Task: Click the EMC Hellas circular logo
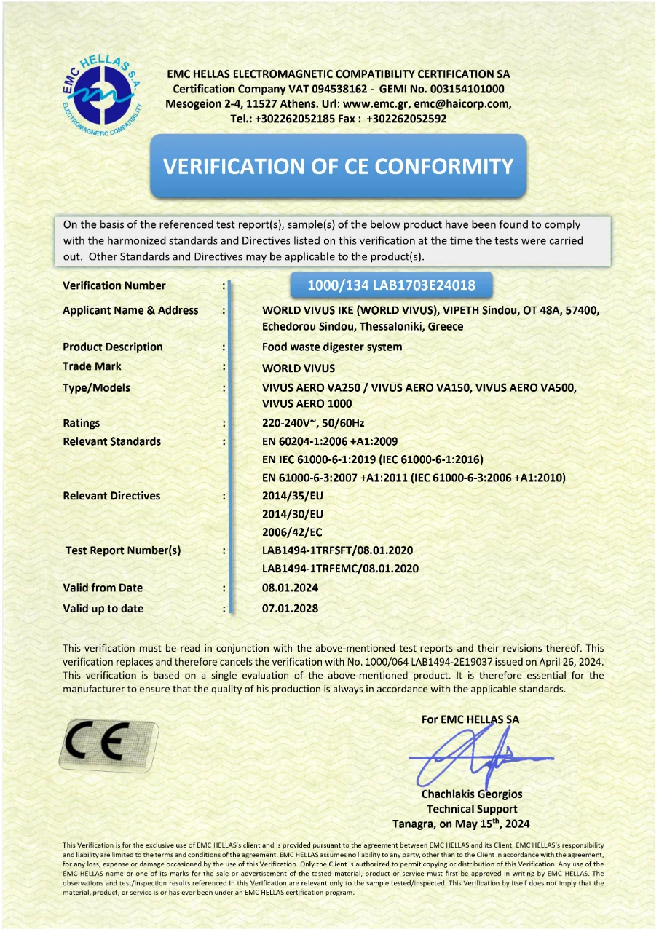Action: (x=103, y=94)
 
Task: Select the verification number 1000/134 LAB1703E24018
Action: (x=391, y=285)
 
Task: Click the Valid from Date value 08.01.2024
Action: (x=290, y=588)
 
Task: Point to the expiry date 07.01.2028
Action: (x=290, y=609)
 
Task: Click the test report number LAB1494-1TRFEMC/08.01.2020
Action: (x=340, y=569)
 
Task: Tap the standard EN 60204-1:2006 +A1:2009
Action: (x=330, y=441)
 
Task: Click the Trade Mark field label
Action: (x=92, y=366)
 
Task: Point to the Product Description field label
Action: (x=113, y=347)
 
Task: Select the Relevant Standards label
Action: (x=112, y=441)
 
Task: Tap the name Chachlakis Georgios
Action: (x=472, y=794)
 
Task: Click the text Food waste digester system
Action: (x=332, y=347)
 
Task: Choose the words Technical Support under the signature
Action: (x=472, y=809)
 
